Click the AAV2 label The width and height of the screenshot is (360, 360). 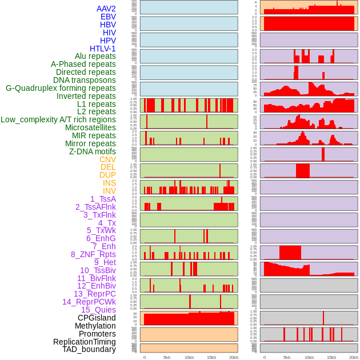click(106, 9)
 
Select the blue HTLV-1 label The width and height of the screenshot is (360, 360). click(102, 49)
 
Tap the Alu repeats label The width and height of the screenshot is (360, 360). click(95, 56)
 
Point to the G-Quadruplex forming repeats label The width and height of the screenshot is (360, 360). click(61, 88)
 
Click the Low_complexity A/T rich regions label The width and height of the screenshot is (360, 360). click(58, 119)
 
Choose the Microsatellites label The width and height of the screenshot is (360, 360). click(90, 127)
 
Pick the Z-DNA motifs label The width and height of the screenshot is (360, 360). click(93, 151)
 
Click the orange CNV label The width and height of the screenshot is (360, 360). click(107, 159)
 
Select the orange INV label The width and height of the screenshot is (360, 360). click(109, 191)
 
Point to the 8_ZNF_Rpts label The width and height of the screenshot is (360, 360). click(93, 254)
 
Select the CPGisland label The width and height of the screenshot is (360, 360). click(97, 318)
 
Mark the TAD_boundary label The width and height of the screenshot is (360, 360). click(89, 349)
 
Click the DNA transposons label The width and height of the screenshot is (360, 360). click(85, 80)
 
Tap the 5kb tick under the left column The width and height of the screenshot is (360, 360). click(167, 357)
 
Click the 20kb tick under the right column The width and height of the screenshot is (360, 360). click(354, 357)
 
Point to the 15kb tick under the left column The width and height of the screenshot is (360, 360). click(211, 357)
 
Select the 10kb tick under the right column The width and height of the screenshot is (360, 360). click(309, 357)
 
